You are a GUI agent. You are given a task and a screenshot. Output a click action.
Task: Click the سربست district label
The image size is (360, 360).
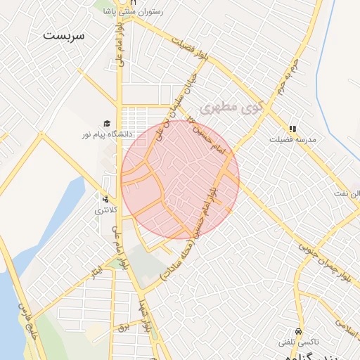point(63,35)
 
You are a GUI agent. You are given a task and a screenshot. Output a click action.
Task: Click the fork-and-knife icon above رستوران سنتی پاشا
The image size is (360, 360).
point(131,3)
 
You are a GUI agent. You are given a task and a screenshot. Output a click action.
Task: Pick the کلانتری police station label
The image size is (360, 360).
point(106,210)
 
